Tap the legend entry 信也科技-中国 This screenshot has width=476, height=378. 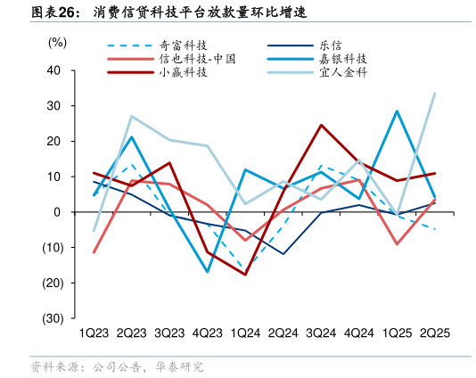(x=197, y=59)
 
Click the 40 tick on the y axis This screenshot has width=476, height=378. (x=53, y=70)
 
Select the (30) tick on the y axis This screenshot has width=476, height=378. (x=52, y=318)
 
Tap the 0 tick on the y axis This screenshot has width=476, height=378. (x=57, y=212)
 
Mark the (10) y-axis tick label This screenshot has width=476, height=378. (x=52, y=248)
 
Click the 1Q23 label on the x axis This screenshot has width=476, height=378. (x=94, y=333)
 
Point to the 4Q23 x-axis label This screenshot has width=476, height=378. (x=207, y=333)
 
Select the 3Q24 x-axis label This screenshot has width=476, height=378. (x=321, y=333)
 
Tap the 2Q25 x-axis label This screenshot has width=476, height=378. (x=434, y=333)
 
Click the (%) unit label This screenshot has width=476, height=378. (x=56, y=42)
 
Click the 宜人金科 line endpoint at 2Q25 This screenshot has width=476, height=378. (x=434, y=93)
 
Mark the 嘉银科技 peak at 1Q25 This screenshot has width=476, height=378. (x=397, y=111)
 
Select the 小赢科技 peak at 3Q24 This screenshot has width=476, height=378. (x=321, y=125)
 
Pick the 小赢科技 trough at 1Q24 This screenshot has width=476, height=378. (x=245, y=275)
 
